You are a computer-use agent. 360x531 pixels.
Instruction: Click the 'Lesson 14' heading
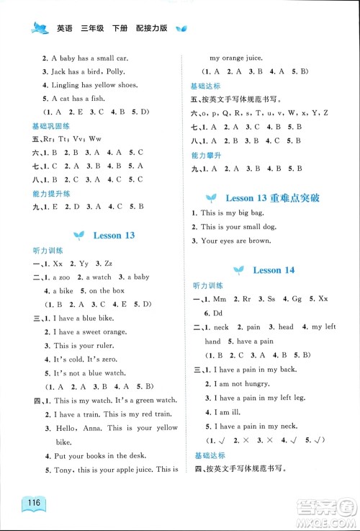274,269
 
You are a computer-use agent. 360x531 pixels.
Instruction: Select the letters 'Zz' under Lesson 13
109,263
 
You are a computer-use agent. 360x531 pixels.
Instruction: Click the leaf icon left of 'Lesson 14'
240,269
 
